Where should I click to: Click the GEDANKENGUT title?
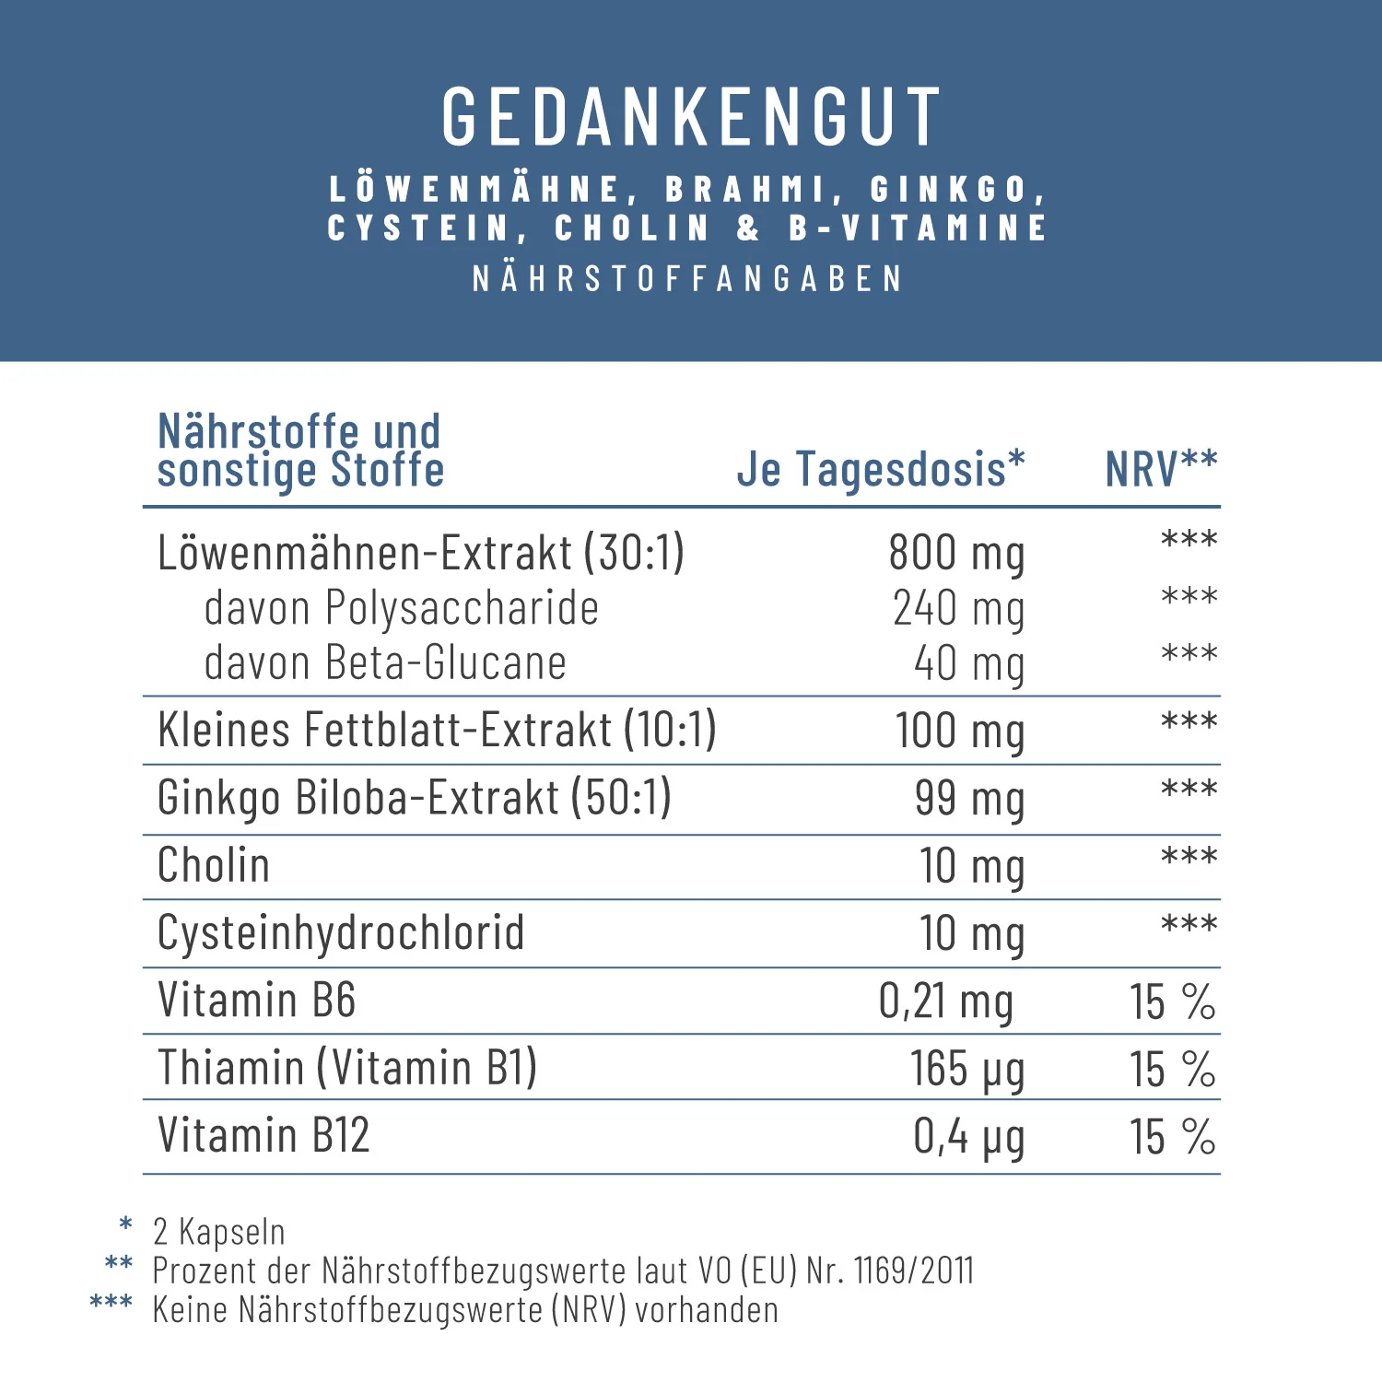pos(691,117)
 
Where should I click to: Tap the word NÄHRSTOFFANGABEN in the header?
pos(688,279)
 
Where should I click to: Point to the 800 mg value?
pos(956,554)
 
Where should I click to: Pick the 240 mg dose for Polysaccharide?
pos(958,609)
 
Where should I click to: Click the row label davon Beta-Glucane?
pos(385,663)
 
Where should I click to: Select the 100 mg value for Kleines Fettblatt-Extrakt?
pos(960,732)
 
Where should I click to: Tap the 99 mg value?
pos(969,799)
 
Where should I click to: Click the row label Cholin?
pos(214,865)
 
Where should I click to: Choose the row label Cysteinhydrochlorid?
pos(341,932)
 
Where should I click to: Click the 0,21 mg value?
pos(946,1001)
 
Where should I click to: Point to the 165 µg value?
pos(967,1070)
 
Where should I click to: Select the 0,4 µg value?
pos(968,1137)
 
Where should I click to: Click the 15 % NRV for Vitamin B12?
pos(1173,1136)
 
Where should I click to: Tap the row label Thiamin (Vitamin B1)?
pos(347,1068)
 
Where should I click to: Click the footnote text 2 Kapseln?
pos(219,1232)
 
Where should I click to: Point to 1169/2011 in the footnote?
pos(914,1271)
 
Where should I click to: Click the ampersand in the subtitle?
pos(749,228)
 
